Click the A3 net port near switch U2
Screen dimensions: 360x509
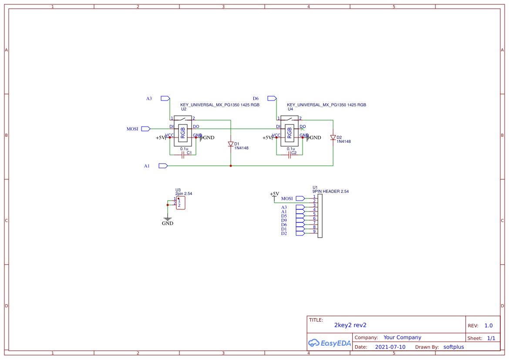pos(165,98)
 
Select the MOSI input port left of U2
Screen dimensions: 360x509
pos(145,129)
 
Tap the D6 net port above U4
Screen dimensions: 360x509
pos(272,98)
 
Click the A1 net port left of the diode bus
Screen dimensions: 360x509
pos(163,166)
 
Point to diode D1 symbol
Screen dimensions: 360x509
pos(231,144)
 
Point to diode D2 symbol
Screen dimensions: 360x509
pos(333,138)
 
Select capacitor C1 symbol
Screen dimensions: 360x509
pos(183,155)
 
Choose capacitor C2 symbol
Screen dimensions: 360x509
pos(290,155)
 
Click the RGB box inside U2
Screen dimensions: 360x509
pos(183,131)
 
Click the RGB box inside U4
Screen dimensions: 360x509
pos(290,131)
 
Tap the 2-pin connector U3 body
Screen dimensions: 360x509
pos(181,203)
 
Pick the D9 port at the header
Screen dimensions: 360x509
pos(300,220)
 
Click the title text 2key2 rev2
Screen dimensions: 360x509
pos(350,325)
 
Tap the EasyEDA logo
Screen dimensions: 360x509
pos(330,343)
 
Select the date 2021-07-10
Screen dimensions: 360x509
pos(390,347)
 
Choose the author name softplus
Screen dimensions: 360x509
pos(454,347)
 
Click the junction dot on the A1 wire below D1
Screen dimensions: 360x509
pos(231,166)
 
